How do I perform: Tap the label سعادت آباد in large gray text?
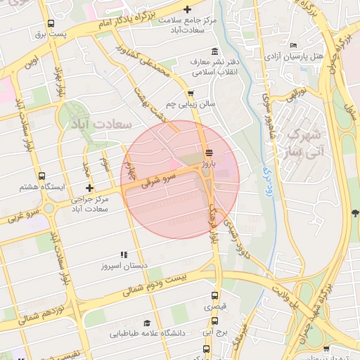point(102,124)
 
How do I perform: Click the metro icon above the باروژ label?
point(207,152)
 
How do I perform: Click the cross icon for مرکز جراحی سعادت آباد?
point(89,188)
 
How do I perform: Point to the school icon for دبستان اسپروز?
point(124,255)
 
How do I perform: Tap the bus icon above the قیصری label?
point(214,296)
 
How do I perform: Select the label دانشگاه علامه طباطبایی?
point(148,334)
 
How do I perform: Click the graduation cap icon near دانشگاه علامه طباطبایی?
point(146,322)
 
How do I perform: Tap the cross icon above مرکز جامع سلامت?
point(187,9)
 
